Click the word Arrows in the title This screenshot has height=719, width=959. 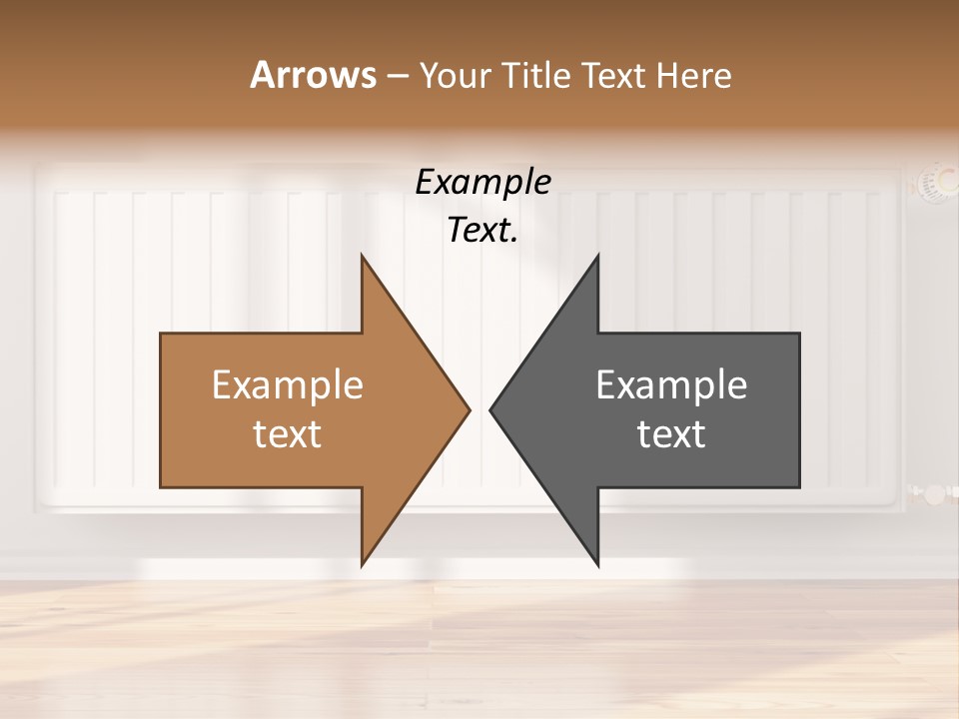pos(313,75)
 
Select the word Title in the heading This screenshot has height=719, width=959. pos(534,75)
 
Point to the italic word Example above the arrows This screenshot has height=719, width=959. pos(482,182)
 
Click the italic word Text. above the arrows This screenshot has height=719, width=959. pos(482,231)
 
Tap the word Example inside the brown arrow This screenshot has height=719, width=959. pos(288,385)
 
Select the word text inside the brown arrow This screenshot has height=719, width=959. pos(288,434)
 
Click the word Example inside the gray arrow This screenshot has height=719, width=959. pos(671,385)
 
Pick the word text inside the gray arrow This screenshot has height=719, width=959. pos(671,434)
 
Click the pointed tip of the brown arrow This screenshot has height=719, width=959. pos(469,408)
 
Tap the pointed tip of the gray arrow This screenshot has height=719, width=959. pos(491,408)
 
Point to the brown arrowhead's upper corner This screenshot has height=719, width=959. pos(363,257)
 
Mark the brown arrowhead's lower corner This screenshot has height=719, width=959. pos(363,564)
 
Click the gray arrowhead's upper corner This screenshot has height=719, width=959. pos(597,257)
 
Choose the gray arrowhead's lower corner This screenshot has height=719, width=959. pos(597,564)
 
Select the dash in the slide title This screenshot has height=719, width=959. pos(397,76)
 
